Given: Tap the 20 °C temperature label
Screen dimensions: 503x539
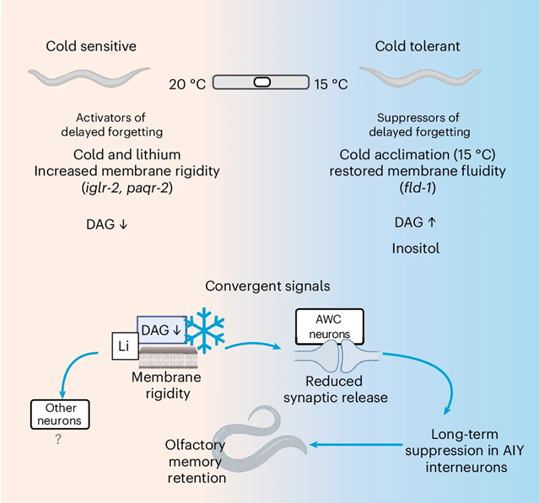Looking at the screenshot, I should (187, 83).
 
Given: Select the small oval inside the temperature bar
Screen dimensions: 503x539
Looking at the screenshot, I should (261, 83).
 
